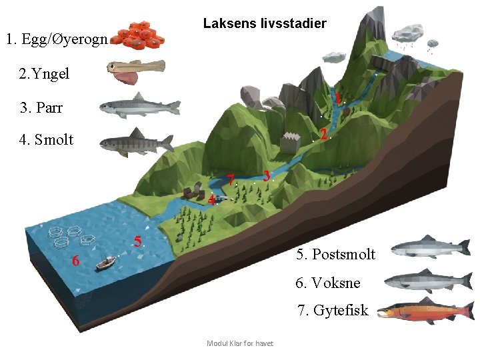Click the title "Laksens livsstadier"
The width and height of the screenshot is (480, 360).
[265, 24]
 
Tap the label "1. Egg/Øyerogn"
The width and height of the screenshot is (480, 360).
[56, 39]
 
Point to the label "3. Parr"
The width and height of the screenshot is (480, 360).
[41, 107]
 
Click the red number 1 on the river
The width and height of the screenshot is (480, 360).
[339, 99]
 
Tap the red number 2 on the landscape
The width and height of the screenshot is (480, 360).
[323, 134]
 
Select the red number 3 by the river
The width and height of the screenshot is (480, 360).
[266, 176]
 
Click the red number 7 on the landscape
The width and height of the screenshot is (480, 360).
[230, 180]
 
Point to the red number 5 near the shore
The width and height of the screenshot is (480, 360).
[137, 241]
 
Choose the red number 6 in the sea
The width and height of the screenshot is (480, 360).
[76, 261]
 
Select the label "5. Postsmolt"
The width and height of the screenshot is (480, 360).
[335, 254]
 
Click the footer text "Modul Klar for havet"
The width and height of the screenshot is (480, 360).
[240, 343]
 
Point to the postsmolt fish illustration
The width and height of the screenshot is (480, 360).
[430, 248]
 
